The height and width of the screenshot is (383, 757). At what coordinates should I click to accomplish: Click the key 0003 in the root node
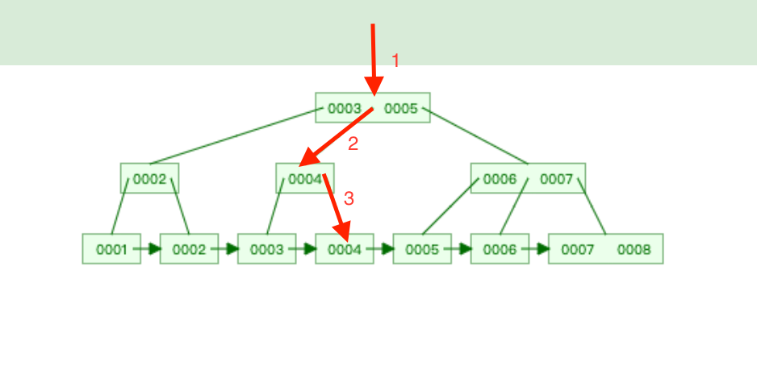[344, 108]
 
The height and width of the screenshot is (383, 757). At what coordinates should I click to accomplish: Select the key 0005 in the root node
[401, 108]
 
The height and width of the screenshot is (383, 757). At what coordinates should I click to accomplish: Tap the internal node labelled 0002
[149, 179]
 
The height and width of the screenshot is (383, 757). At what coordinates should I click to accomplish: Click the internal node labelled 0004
[305, 179]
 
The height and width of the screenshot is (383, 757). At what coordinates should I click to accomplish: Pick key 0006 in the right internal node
[500, 179]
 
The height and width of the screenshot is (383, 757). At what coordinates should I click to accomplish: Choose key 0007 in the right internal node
[556, 179]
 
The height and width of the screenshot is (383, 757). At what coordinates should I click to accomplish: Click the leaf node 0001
[111, 249]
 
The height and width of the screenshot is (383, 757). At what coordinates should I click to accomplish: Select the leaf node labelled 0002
[189, 249]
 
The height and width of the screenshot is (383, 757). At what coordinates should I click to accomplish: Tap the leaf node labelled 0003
[266, 249]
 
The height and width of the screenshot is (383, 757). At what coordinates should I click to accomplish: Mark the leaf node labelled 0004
[345, 249]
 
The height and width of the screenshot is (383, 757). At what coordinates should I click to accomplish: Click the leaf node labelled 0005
[421, 249]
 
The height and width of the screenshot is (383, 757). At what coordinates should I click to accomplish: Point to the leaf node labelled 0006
[500, 249]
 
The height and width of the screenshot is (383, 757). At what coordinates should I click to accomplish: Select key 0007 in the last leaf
[577, 249]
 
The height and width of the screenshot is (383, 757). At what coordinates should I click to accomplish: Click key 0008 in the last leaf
[634, 249]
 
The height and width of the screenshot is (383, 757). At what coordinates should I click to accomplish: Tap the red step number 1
[395, 60]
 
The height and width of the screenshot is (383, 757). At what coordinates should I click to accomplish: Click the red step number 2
[353, 144]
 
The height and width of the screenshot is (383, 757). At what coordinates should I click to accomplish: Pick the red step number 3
[349, 198]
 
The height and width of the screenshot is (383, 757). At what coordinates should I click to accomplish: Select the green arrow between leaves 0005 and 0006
[461, 249]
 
